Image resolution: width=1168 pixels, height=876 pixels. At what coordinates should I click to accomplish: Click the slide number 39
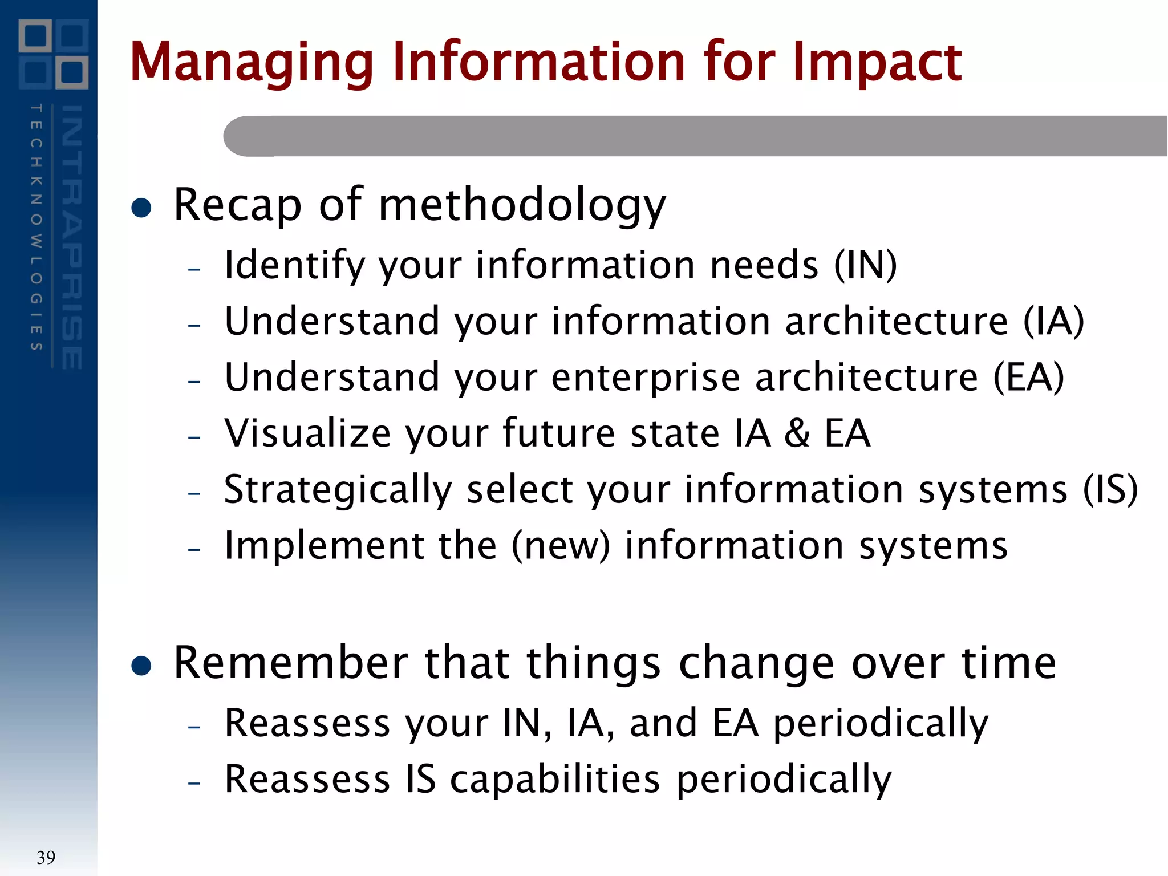pyautogui.click(x=46, y=857)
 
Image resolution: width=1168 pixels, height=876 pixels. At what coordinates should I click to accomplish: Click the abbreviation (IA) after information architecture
pyautogui.click(x=1053, y=321)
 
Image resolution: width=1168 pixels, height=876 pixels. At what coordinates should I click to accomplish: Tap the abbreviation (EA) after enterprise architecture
pyautogui.click(x=1028, y=377)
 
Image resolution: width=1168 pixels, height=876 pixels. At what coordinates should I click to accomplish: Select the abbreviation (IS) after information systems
pyautogui.click(x=1110, y=489)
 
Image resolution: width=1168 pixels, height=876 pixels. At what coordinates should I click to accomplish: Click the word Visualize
pyautogui.click(x=307, y=433)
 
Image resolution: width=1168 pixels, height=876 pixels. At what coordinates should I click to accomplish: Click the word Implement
pyautogui.click(x=323, y=545)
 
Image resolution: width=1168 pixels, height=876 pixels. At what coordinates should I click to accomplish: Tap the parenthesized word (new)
pyautogui.click(x=561, y=545)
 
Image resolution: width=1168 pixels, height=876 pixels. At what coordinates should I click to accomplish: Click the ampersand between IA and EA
pyautogui.click(x=797, y=433)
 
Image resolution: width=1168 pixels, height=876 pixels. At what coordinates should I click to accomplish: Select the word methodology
pyautogui.click(x=521, y=205)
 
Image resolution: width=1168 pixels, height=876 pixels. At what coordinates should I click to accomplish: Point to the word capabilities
pyautogui.click(x=554, y=779)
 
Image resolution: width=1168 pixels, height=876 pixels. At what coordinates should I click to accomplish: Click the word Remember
pyautogui.click(x=290, y=663)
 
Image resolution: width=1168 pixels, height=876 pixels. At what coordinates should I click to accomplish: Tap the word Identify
pyautogui.click(x=294, y=266)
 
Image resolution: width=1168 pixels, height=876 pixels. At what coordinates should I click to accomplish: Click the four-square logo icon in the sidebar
pyautogui.click(x=53, y=54)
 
